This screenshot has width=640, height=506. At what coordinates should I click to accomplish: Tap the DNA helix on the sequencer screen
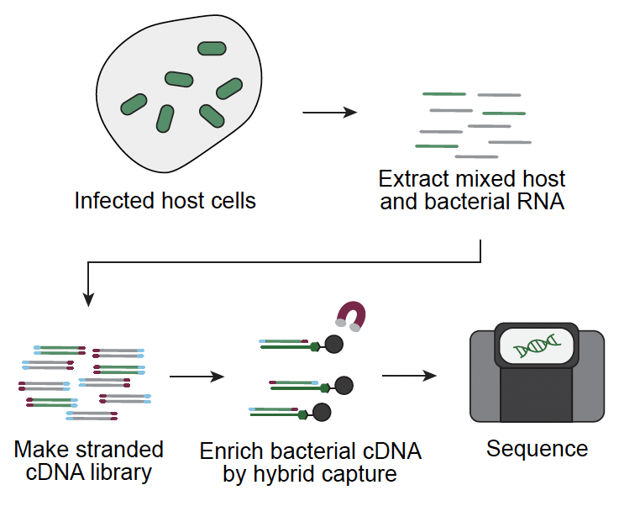(x=537, y=345)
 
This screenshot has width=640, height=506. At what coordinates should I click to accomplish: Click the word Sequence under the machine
(x=537, y=448)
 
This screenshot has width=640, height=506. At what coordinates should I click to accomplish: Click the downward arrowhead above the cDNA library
(x=88, y=299)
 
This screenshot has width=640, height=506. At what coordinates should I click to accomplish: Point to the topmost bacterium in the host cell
(x=212, y=49)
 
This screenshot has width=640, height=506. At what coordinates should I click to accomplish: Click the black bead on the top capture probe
(x=333, y=344)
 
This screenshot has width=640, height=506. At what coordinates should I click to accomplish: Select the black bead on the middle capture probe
(x=344, y=386)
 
